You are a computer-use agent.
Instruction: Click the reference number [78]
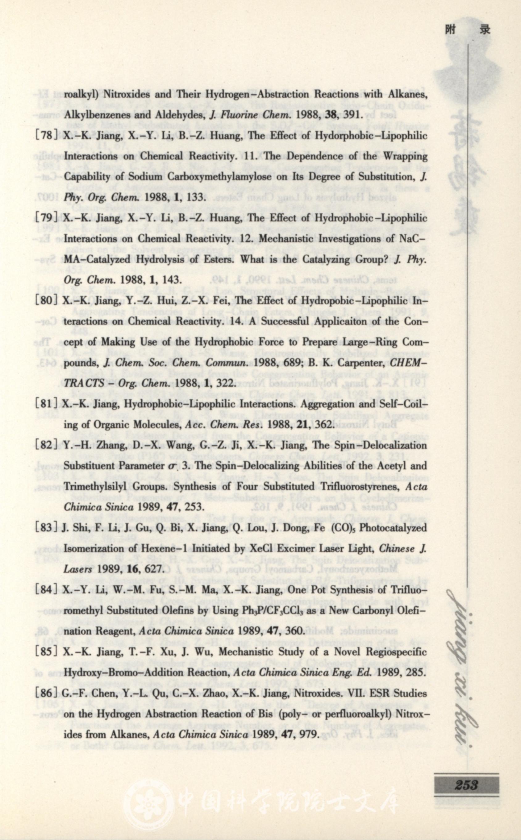[x=47, y=135]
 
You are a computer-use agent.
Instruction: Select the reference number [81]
[x=47, y=403]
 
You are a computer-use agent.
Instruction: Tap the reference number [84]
[x=47, y=590]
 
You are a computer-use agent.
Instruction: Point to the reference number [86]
[x=47, y=693]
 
